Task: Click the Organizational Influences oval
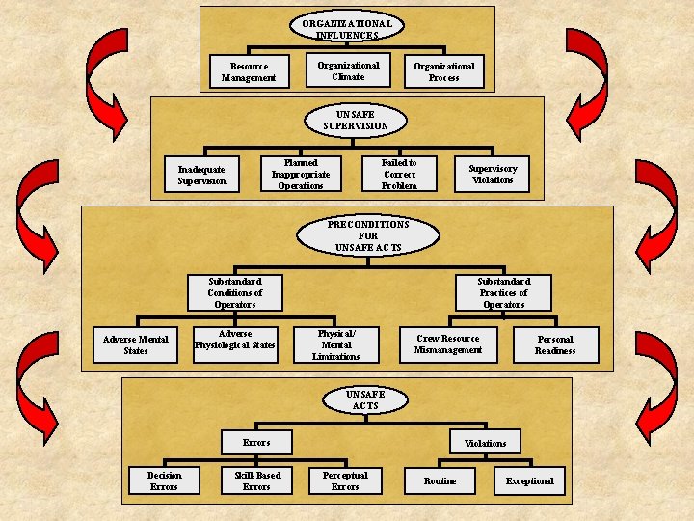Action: [346, 29]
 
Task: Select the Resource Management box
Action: [249, 72]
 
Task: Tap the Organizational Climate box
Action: [348, 71]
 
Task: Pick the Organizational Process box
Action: [444, 72]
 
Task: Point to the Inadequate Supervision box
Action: [202, 175]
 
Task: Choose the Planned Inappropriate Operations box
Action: [301, 175]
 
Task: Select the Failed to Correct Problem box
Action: [399, 175]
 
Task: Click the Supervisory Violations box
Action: [493, 175]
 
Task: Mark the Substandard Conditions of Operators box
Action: [235, 292]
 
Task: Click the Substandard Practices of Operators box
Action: [503, 292]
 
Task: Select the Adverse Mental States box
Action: [136, 344]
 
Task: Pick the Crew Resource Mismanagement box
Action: [447, 344]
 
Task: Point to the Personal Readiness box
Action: [555, 344]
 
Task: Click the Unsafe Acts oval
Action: [365, 400]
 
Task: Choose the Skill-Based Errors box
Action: [256, 480]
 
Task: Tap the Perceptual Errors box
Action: [345, 480]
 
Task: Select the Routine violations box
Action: [440, 480]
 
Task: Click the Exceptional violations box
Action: [530, 480]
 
